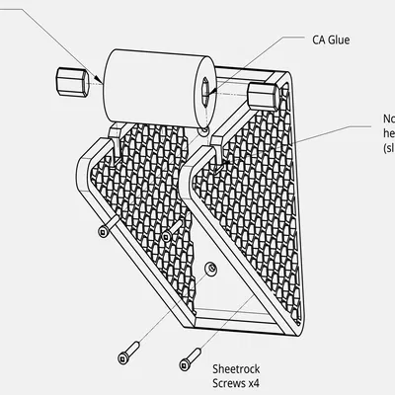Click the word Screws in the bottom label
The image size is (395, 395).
pos(228,382)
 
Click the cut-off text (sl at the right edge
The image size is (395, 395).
pos(388,147)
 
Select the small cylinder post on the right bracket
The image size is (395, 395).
pos(263,97)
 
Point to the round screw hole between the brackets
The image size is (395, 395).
pos(208,268)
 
